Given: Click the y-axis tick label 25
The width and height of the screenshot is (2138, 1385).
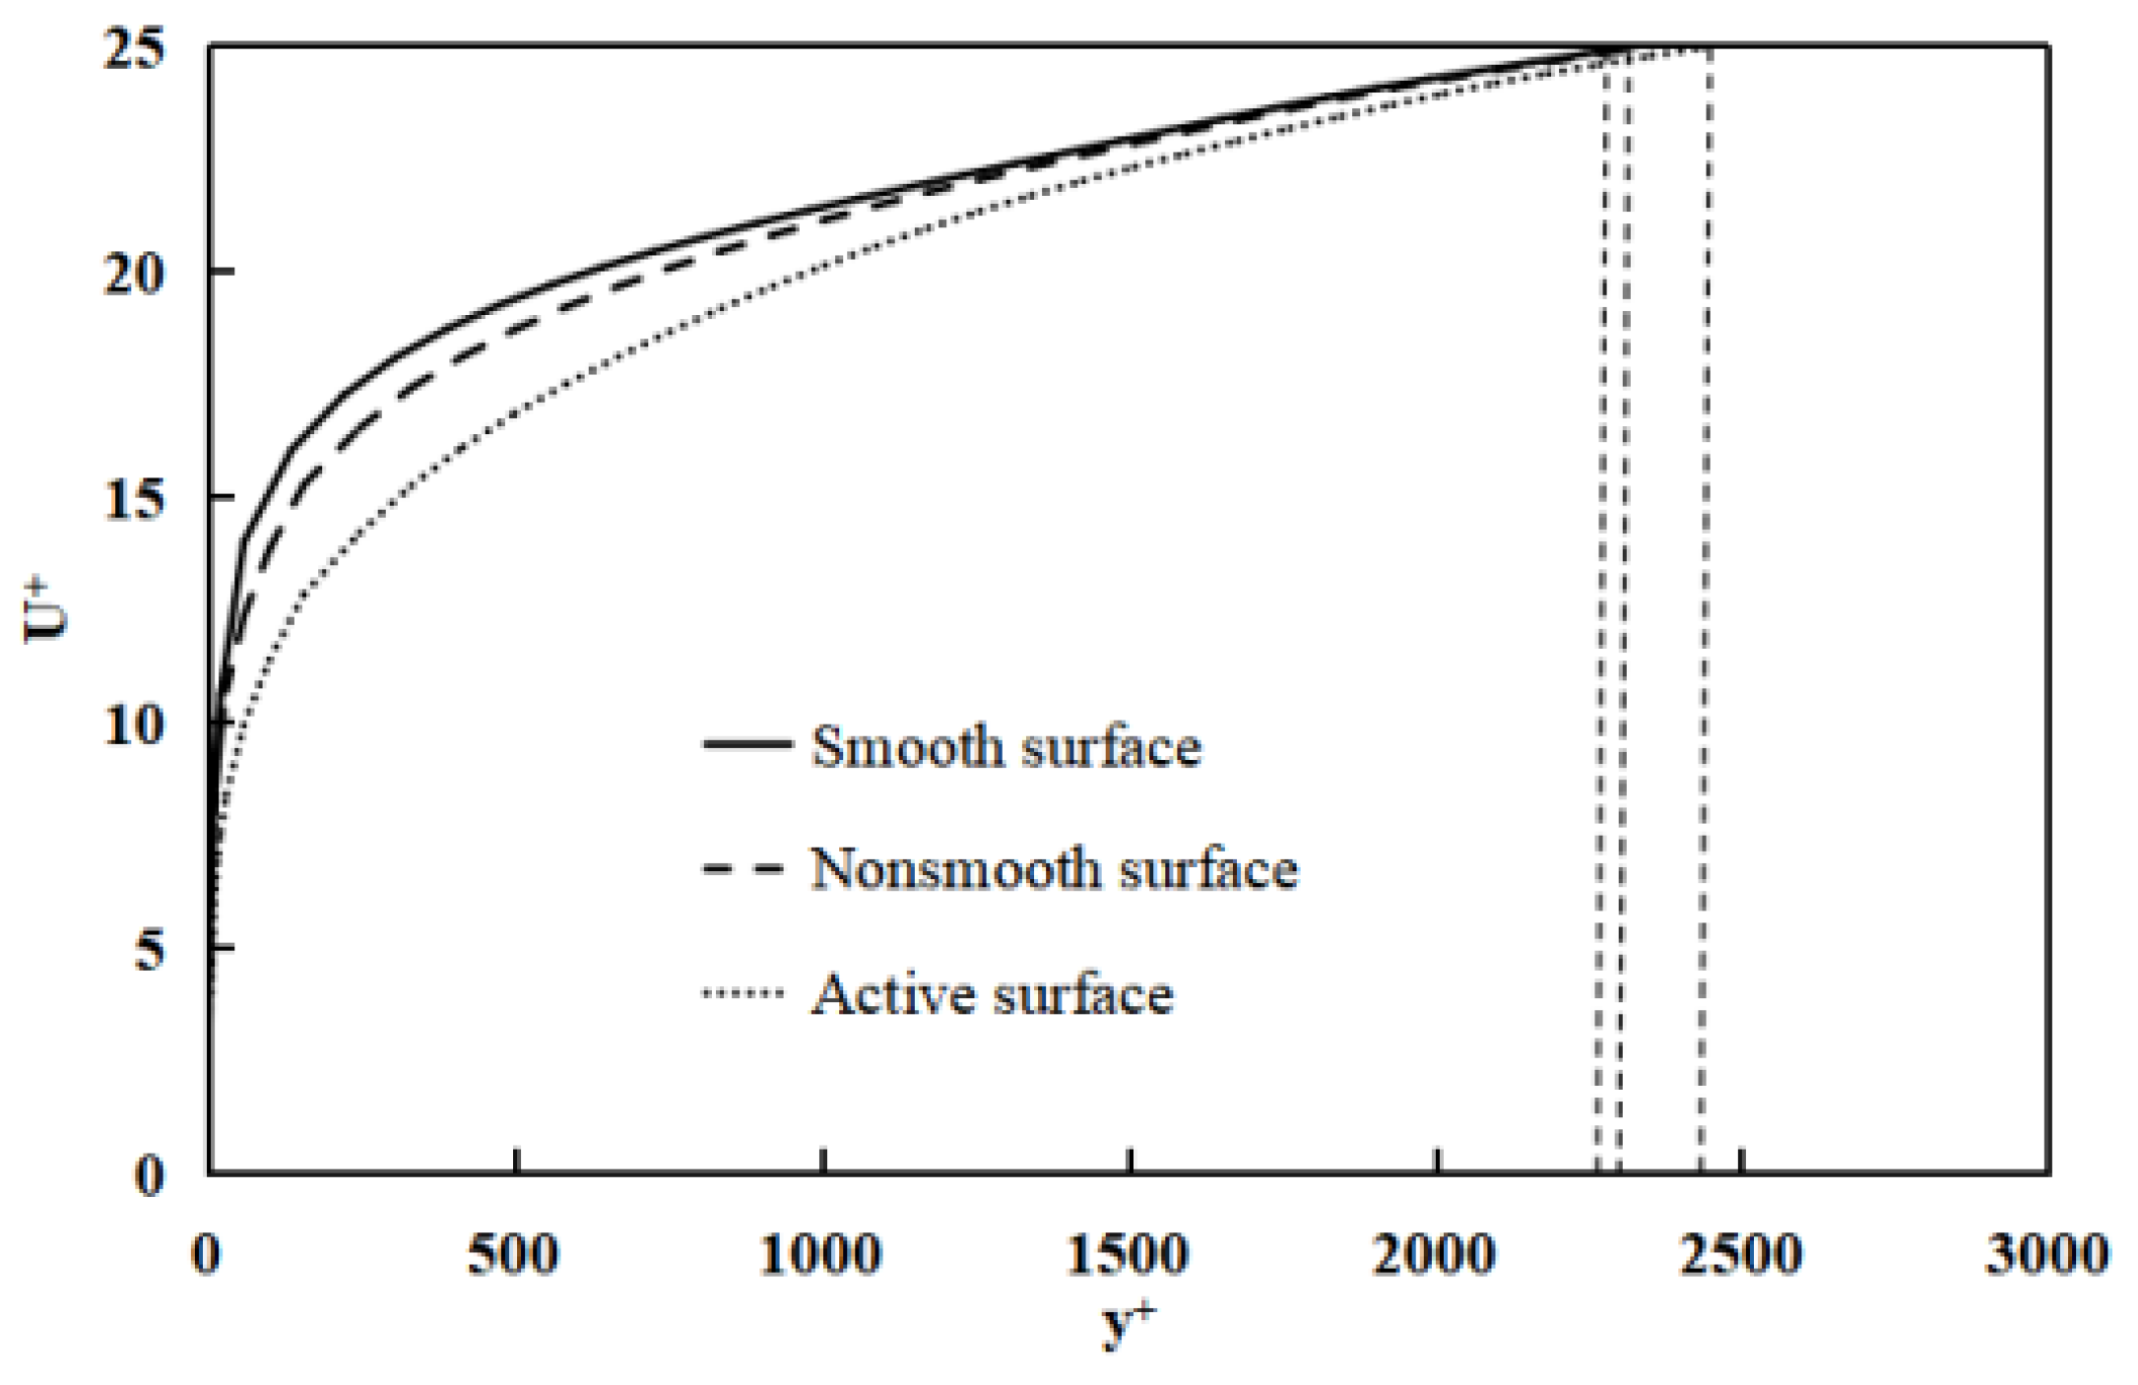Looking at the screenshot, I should pos(134,49).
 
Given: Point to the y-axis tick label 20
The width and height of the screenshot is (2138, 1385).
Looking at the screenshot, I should pos(134,274).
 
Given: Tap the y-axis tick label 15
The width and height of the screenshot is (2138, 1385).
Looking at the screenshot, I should pos(134,500).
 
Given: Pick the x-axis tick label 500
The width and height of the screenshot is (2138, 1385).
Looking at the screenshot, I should pos(513,1255).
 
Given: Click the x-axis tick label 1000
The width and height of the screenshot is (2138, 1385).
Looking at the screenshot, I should pos(820,1255).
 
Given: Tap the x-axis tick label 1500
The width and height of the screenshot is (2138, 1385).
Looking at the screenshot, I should pos(1128,1255).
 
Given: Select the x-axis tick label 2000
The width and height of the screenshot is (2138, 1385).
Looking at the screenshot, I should pos(1435,1255).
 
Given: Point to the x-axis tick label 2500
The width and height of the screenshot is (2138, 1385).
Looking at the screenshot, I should pos(1741,1255).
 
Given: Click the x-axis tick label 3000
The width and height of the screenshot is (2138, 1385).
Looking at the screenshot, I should pos(2047,1255).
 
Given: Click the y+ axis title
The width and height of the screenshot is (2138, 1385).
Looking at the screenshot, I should pos(1128,1324).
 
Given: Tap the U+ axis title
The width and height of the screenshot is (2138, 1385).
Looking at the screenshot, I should pos(45,612).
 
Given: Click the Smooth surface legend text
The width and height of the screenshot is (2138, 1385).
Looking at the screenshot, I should pos(1005,747).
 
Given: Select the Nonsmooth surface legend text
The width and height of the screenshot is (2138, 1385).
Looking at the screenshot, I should pos(1054,870).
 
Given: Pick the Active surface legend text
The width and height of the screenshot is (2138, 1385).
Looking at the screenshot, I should pos(992,994).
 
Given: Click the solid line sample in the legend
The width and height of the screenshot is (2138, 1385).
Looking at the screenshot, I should pos(746,744).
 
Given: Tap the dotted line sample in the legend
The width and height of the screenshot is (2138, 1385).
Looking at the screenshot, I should pos(744,992).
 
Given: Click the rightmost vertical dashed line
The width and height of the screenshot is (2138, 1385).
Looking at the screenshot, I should pos(1705,610).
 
